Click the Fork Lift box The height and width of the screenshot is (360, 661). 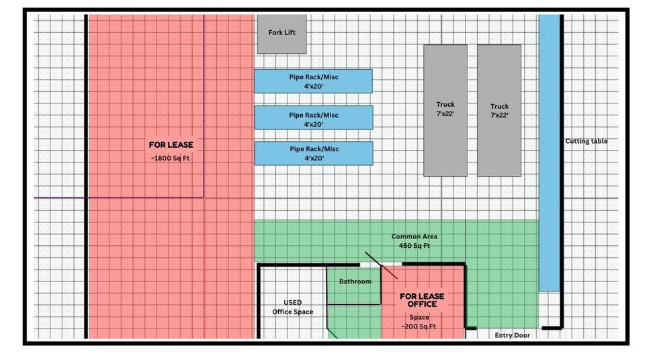(x=282, y=34)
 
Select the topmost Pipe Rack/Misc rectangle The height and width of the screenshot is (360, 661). (x=313, y=81)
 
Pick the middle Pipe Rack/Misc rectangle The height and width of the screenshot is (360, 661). (x=314, y=118)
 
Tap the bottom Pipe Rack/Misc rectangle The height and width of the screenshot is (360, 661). (x=314, y=153)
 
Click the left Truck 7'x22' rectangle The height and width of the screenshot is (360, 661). (x=445, y=110)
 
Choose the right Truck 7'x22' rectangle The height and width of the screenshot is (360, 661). (x=499, y=110)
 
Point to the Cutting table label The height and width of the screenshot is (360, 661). (x=586, y=141)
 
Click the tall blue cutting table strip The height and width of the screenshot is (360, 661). (x=549, y=152)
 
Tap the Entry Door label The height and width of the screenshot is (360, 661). (x=512, y=335)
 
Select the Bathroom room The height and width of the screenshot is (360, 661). (x=354, y=285)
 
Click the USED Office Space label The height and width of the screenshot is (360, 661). (x=293, y=308)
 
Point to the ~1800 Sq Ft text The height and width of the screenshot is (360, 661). (x=171, y=159)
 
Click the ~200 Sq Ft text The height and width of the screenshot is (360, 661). (x=418, y=326)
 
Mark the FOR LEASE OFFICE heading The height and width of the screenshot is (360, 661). (x=422, y=300)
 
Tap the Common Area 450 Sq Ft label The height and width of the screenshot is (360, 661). (x=414, y=241)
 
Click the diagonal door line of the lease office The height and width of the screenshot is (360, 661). (x=381, y=265)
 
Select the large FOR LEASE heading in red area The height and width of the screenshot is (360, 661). (x=171, y=145)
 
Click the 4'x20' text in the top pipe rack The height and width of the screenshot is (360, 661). (x=314, y=87)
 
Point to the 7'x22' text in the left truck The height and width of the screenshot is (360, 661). (x=445, y=114)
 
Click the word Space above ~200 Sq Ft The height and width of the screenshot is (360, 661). (x=419, y=318)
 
